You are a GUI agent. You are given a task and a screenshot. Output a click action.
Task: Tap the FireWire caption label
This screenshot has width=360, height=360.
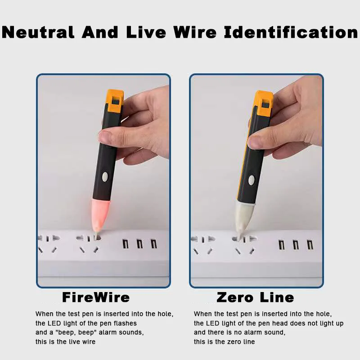(x=95, y=297)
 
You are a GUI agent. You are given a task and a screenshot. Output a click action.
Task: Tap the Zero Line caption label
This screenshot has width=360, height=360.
(x=255, y=297)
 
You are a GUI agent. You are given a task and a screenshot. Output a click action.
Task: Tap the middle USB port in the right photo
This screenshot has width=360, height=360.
(x=296, y=245)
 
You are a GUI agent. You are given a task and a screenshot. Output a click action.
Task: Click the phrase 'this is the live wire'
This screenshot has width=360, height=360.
(x=65, y=342)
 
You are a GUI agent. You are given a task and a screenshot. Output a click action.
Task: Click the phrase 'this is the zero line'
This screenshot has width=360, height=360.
(x=224, y=342)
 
